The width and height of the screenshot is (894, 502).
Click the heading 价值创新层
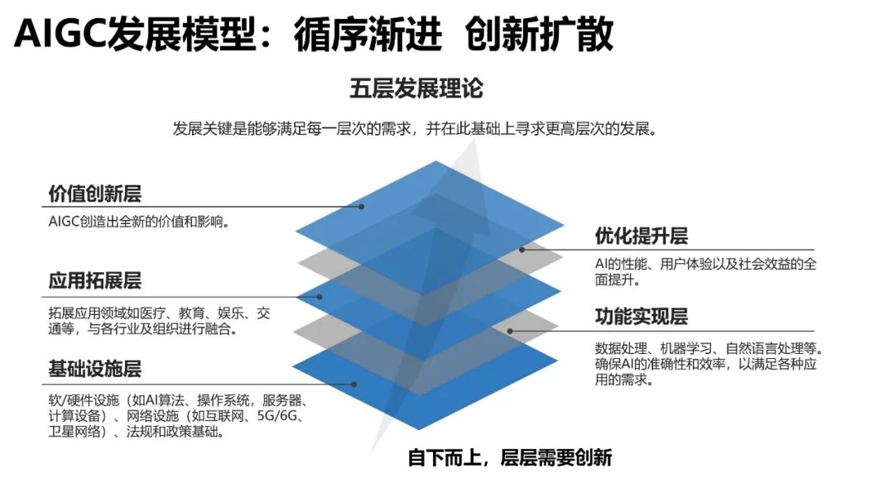pyautogui.click(x=95, y=194)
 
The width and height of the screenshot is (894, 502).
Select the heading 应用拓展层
pyautogui.click(x=95, y=281)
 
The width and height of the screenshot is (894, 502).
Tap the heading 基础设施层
pyautogui.click(x=95, y=368)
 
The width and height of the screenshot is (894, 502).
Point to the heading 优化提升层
pyautogui.click(x=642, y=237)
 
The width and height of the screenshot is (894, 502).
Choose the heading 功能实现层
pyautogui.click(x=642, y=317)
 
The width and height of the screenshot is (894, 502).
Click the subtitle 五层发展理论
pyautogui.click(x=416, y=88)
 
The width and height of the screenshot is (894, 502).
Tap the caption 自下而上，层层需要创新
pyautogui.click(x=510, y=457)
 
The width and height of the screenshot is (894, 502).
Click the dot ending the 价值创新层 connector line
pyautogui.click(x=362, y=207)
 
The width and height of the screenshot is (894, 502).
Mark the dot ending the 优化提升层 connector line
pyautogui.click(x=522, y=249)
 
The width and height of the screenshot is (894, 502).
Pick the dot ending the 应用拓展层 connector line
pyautogui.click(x=320, y=295)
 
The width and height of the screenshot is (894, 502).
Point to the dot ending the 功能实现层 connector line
pyautogui.click(x=510, y=331)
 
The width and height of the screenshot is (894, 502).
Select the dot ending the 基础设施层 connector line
pyautogui.click(x=354, y=384)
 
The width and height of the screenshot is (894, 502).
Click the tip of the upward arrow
pyautogui.click(x=473, y=142)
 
